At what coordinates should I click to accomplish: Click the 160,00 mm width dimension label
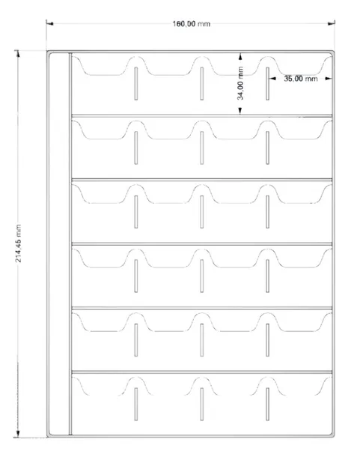[191, 24]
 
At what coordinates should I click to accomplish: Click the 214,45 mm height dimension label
[19, 243]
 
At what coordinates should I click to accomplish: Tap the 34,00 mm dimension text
[240, 83]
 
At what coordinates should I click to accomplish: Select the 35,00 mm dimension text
[301, 79]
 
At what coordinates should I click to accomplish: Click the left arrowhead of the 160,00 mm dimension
[49, 23]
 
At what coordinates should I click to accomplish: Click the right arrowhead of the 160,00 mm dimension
[332, 23]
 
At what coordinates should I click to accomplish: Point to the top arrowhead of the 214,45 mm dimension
[18, 54]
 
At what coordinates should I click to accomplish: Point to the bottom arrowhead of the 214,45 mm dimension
[18, 433]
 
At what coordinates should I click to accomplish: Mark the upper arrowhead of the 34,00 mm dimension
[240, 56]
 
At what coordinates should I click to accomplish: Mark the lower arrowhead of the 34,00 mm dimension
[240, 111]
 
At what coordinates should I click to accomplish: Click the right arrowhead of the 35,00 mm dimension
[329, 79]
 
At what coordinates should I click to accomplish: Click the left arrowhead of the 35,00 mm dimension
[272, 79]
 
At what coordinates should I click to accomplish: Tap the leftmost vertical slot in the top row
[136, 84]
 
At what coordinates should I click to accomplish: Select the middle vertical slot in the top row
[202, 84]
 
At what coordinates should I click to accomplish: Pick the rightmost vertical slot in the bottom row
[267, 404]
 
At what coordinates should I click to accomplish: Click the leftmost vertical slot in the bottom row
[136, 404]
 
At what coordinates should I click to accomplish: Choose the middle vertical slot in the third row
[202, 212]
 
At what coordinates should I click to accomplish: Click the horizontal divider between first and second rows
[202, 115]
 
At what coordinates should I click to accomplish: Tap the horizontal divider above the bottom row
[202, 372]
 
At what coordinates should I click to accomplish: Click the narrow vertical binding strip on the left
[70, 244]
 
